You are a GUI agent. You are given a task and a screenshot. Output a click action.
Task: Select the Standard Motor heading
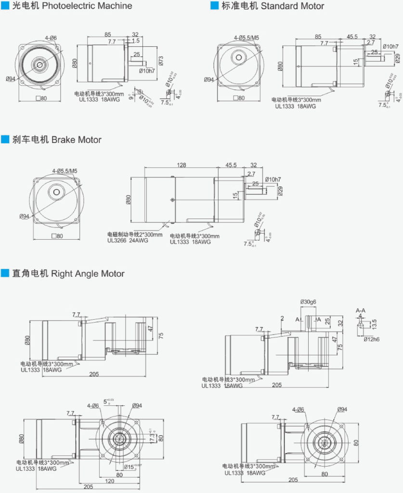coord(292,6)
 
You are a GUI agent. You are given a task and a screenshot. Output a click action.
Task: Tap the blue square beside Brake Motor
coord(5,140)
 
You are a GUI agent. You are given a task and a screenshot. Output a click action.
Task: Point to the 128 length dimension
coord(181,165)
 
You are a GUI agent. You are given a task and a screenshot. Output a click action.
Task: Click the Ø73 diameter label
coord(161,60)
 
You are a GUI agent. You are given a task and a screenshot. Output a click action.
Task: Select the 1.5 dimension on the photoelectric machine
coord(136,41)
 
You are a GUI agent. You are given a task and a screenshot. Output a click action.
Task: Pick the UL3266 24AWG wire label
coord(128,240)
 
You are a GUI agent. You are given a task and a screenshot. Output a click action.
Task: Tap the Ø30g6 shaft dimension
coord(308,302)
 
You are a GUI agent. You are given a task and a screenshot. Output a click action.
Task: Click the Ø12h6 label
coord(371,339)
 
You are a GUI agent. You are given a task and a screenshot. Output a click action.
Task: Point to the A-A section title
coord(361,310)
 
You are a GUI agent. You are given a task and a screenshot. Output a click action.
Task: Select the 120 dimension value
coord(110,480)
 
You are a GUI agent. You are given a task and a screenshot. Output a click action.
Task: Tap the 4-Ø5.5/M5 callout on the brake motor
coord(65,170)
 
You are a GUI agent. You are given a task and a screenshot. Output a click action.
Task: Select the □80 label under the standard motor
coord(238,98)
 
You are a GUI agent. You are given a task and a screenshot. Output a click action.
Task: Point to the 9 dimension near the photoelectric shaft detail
coord(131,97)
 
